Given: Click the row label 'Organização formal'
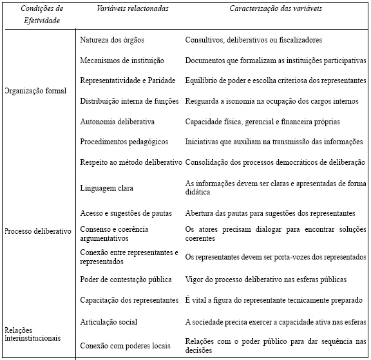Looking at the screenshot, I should [36, 91].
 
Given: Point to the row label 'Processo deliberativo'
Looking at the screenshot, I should [38, 231].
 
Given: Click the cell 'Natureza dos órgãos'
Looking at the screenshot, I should [112, 40].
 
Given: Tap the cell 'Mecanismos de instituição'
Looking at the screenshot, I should [122, 61].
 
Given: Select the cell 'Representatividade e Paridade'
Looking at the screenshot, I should [128, 81].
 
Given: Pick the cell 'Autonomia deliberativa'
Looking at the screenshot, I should [117, 121].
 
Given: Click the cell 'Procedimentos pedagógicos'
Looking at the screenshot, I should [124, 142].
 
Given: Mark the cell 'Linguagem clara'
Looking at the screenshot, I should [106, 187].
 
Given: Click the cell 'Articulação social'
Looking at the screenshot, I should [109, 321].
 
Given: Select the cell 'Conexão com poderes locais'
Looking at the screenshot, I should [125, 346].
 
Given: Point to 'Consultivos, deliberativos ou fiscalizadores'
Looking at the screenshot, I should [253, 40].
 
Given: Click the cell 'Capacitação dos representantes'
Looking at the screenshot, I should [129, 300].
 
